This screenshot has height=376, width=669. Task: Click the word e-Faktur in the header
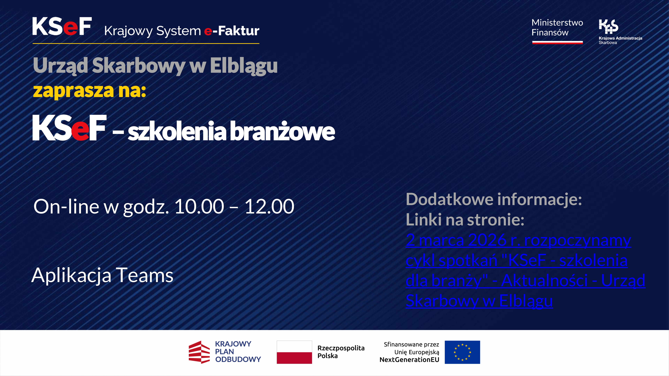[232, 31]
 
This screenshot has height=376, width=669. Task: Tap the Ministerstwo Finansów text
[557, 27]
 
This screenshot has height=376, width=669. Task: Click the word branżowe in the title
[283, 131]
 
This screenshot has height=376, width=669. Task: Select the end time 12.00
[269, 207]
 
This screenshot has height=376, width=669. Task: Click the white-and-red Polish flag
[294, 352]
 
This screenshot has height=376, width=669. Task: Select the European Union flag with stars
[462, 352]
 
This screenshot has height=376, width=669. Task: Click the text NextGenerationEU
[409, 360]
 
